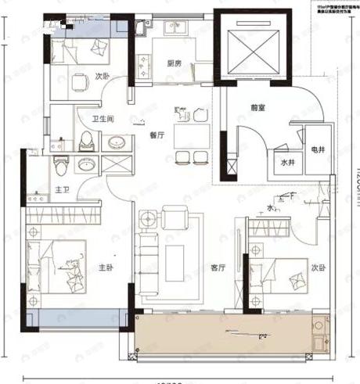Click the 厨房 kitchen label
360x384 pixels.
click(x=174, y=65)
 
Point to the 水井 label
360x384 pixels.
click(x=286, y=163)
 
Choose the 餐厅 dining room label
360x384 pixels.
click(x=155, y=135)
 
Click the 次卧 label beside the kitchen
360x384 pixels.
click(x=102, y=77)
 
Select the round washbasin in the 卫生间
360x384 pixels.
click(x=116, y=143)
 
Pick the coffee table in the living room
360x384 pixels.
click(x=174, y=257)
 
